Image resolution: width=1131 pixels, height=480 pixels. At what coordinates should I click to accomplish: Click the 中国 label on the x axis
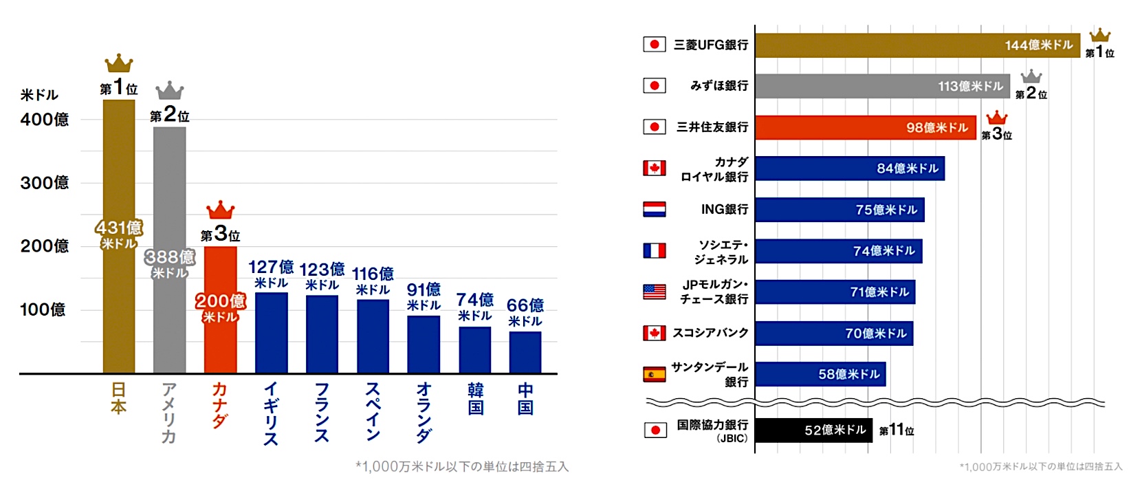525,400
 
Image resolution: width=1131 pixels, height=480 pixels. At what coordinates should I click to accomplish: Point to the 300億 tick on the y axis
45,183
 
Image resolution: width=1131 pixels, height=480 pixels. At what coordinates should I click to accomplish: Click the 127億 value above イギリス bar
271,268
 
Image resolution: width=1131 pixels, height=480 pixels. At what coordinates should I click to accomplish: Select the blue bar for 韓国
475,350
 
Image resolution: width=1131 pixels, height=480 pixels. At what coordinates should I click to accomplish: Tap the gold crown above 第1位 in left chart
119,63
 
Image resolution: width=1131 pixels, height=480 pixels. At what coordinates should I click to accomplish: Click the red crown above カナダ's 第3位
220,210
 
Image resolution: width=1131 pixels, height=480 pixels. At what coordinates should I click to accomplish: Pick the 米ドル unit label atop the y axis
39,95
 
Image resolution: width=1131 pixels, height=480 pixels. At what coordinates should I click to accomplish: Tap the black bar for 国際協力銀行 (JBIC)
813,430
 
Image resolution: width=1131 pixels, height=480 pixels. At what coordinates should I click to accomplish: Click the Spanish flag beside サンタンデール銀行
654,374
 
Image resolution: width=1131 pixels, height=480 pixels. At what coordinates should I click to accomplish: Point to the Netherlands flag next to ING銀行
654,209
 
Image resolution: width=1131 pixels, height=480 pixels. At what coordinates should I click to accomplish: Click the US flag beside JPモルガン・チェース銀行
654,292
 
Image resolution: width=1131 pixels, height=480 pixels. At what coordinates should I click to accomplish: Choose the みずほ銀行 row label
718,86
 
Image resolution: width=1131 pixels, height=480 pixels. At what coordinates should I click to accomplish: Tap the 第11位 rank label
897,430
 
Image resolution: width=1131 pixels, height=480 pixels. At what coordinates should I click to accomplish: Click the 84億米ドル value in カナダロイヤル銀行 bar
908,168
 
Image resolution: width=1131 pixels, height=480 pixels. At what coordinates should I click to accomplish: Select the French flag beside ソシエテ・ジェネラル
654,250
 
